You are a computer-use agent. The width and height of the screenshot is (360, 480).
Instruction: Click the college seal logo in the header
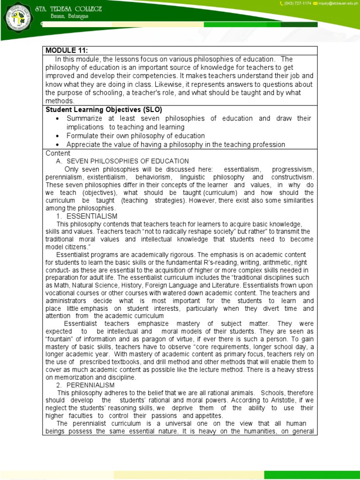pyautogui.click(x=14, y=17)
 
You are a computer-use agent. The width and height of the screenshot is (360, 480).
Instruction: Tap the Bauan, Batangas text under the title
pyautogui.click(x=63, y=17)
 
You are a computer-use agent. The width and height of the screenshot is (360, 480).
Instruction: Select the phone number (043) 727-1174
pyautogui.click(x=295, y=4)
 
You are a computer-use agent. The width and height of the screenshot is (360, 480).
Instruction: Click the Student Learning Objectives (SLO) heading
pyautogui.click(x=104, y=110)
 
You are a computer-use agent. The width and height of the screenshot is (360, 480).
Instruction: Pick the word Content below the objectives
pyautogui.click(x=58, y=153)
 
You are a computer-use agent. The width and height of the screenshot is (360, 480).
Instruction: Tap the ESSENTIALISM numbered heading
pyautogui.click(x=92, y=216)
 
